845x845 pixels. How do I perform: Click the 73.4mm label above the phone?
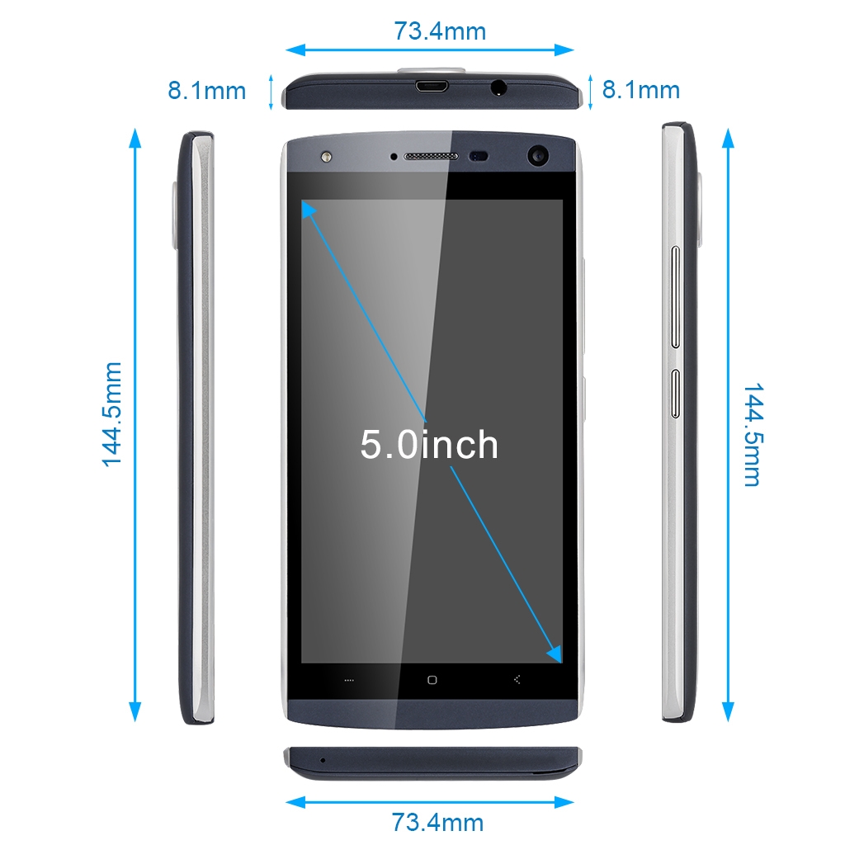(440, 31)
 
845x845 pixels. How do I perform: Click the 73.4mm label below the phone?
(437, 823)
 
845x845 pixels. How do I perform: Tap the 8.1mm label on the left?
(207, 91)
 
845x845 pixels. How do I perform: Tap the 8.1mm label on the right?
(640, 89)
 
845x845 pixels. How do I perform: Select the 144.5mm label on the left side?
(112, 414)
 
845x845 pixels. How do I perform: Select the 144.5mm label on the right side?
(753, 435)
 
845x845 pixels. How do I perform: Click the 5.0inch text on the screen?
(429, 445)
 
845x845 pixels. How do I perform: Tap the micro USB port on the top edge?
(431, 86)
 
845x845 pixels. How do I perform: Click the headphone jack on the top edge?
(498, 87)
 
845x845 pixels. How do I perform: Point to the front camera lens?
(537, 156)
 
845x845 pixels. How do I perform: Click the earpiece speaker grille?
(431, 156)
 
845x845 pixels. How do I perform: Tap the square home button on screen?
(432, 680)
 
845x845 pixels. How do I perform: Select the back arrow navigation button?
(517, 680)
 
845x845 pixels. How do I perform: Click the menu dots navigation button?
(349, 681)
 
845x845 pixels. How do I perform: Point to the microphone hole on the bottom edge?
(323, 760)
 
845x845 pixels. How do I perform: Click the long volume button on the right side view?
(675, 297)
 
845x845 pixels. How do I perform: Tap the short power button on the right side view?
(675, 394)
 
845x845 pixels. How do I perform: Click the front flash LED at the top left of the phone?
(326, 157)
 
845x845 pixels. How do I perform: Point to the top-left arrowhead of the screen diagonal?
(309, 209)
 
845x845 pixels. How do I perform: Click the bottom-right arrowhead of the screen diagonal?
(555, 654)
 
